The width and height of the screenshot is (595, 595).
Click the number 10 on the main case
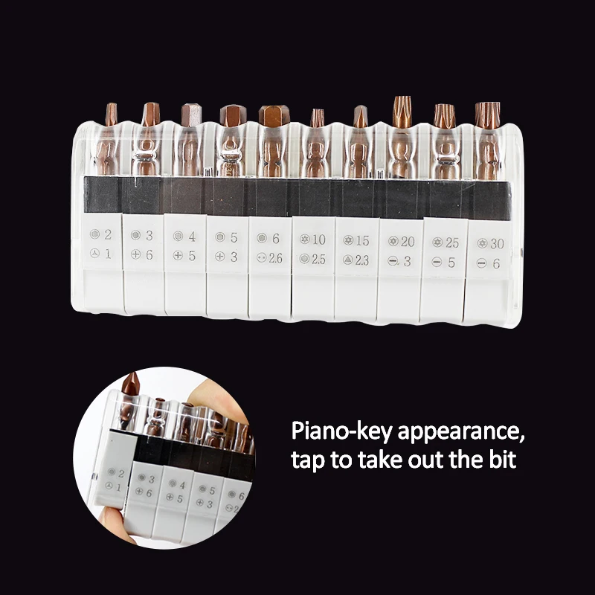(319, 239)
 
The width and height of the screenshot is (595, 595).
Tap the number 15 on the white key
(362, 240)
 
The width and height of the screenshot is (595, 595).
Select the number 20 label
(408, 242)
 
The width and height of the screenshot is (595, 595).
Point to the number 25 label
(452, 243)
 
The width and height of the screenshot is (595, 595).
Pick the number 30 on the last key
(497, 244)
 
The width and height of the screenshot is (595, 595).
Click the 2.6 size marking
(275, 258)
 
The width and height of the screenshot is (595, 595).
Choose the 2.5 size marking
(319, 259)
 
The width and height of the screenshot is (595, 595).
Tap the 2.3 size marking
(362, 260)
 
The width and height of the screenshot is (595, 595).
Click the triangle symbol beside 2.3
(347, 260)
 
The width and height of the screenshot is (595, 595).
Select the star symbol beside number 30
(482, 243)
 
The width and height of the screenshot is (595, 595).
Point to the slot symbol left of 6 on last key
(481, 263)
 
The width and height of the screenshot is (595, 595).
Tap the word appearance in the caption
(460, 433)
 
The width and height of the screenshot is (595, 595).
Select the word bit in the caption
(501, 459)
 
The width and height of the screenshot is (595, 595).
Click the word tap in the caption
(308, 460)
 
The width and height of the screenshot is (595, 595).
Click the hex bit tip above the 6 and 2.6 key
(274, 115)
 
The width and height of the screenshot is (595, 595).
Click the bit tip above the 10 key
(318, 118)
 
